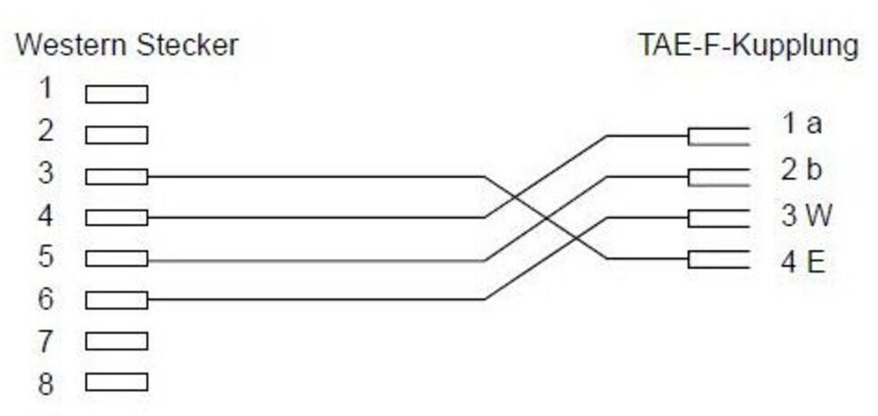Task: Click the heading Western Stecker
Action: pyautogui.click(x=127, y=46)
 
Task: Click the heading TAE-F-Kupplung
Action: pyautogui.click(x=747, y=46)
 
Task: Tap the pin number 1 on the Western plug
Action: pyautogui.click(x=46, y=89)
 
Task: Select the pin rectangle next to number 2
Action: pyautogui.click(x=116, y=135)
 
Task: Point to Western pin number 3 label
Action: pyautogui.click(x=46, y=173)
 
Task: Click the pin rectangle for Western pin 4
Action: pyautogui.click(x=116, y=218)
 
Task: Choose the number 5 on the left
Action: pyautogui.click(x=46, y=257)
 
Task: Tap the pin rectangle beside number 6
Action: pyautogui.click(x=116, y=300)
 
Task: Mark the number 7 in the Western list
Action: pyautogui.click(x=46, y=342)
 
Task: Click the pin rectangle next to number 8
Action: pyautogui.click(x=116, y=383)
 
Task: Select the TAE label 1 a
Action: pyautogui.click(x=802, y=124)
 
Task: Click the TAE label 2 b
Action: pyautogui.click(x=802, y=169)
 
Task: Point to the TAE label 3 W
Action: pyautogui.click(x=805, y=216)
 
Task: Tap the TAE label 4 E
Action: pyautogui.click(x=803, y=262)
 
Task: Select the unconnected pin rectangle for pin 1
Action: pyautogui.click(x=116, y=94)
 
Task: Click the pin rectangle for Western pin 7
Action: pyautogui.click(x=116, y=342)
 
